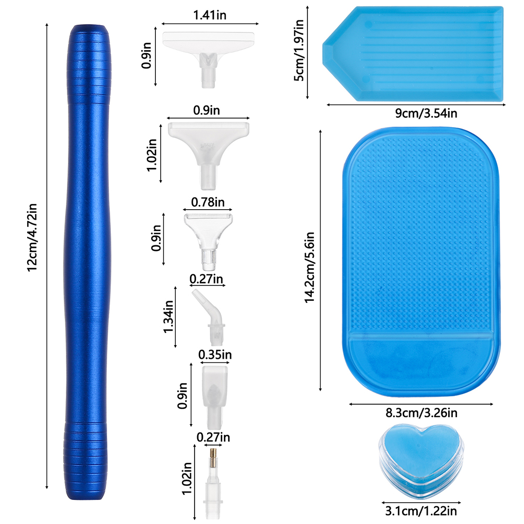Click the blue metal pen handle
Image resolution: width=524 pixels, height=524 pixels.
point(87,262)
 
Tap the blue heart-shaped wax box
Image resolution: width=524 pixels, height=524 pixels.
point(421,461)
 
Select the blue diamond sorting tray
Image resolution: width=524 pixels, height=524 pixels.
point(413,53)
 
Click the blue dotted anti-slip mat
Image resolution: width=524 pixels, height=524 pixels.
point(421,262)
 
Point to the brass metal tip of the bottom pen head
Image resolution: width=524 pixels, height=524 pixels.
point(213,459)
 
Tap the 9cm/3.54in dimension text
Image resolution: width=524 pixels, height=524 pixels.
point(426,113)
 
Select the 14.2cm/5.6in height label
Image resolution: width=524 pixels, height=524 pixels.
point(310,267)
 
